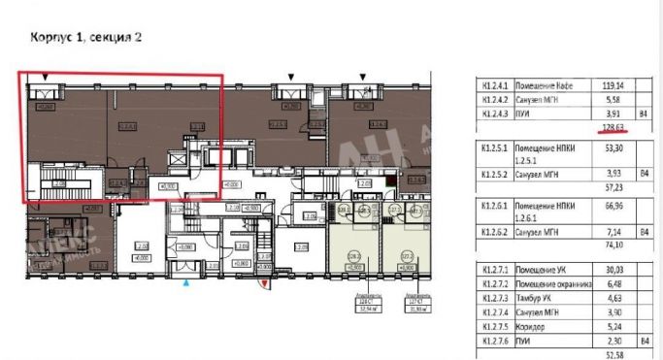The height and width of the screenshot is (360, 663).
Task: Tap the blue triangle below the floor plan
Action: pyautogui.click(x=186, y=281)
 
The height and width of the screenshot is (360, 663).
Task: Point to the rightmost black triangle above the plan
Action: pyautogui.click(x=364, y=76)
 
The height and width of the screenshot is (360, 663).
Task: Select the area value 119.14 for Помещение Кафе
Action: pyautogui.click(x=612, y=84)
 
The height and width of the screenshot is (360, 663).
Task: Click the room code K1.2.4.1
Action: pyautogui.click(x=495, y=84)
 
